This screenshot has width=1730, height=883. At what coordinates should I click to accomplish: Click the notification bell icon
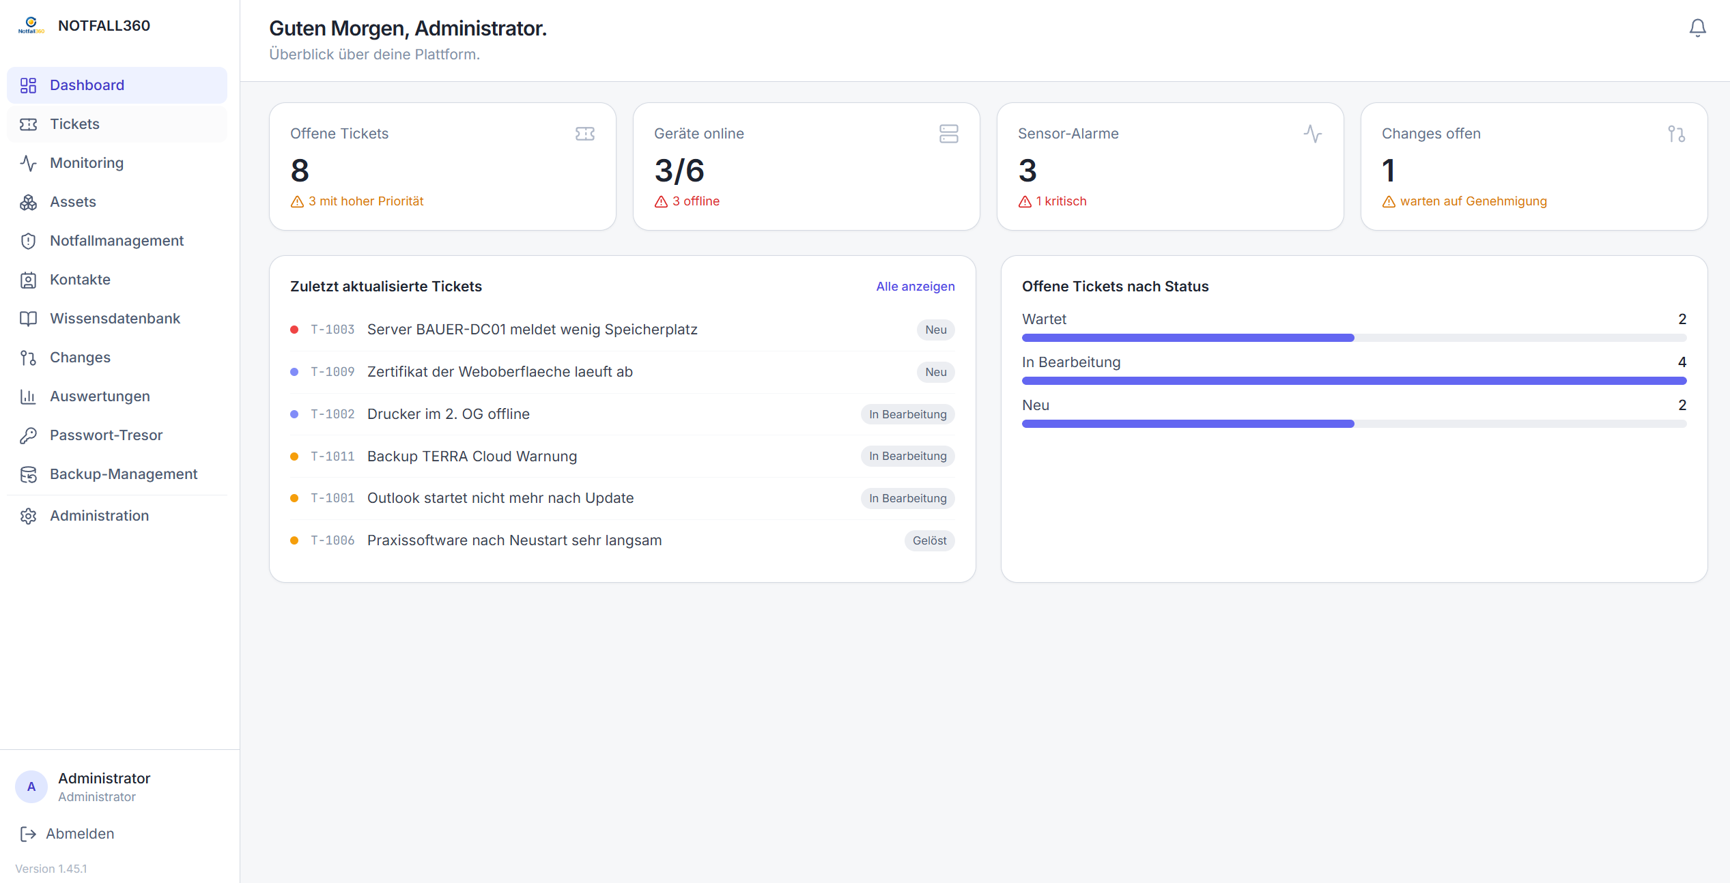pyautogui.click(x=1697, y=28)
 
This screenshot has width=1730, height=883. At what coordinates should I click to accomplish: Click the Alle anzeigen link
pyautogui.click(x=915, y=287)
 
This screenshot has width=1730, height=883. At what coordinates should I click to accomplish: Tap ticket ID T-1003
pyautogui.click(x=332, y=330)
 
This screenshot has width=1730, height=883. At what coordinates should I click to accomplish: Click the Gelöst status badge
pyautogui.click(x=929, y=540)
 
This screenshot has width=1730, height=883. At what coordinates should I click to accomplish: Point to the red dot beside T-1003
pyautogui.click(x=294, y=330)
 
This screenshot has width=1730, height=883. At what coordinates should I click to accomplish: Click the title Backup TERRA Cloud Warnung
pyautogui.click(x=472, y=457)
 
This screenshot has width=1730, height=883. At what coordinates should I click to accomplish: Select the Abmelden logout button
pyautogui.click(x=68, y=834)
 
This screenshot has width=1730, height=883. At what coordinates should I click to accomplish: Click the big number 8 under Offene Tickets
pyautogui.click(x=300, y=171)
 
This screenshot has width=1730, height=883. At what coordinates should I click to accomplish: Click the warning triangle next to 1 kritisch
pyautogui.click(x=1025, y=202)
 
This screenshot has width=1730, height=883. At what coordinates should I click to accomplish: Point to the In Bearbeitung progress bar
pyautogui.click(x=1354, y=381)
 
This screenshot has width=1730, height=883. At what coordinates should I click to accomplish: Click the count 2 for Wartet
pyautogui.click(x=1682, y=319)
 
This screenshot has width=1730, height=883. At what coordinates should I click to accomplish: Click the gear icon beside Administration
pyautogui.click(x=28, y=517)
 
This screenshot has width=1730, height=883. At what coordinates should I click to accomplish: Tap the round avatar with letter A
pyautogui.click(x=31, y=787)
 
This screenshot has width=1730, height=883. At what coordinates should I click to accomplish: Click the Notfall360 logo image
pyautogui.click(x=31, y=25)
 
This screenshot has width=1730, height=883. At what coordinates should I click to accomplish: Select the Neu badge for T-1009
pyautogui.click(x=935, y=372)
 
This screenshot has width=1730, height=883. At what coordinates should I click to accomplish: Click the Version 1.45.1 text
pyautogui.click(x=51, y=869)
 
